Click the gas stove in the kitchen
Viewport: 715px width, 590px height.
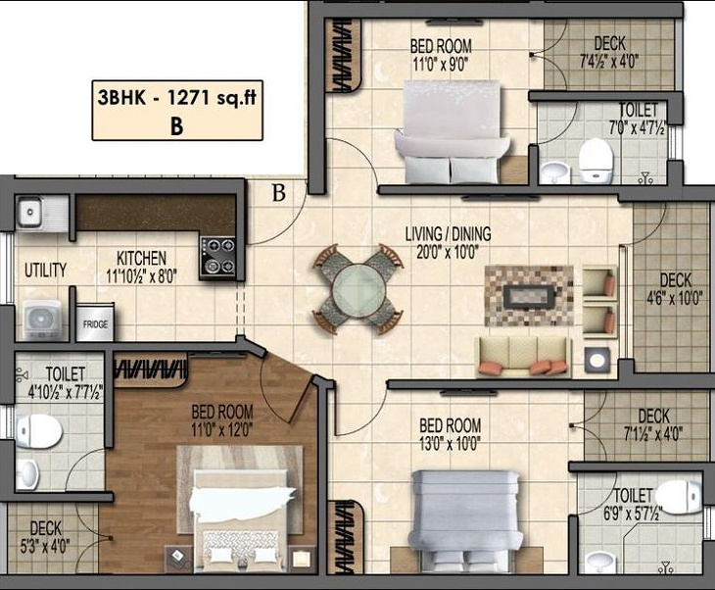tap(218, 256)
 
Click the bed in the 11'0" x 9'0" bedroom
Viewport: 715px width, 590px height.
tap(452, 127)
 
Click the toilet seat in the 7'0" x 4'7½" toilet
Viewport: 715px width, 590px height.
tap(596, 159)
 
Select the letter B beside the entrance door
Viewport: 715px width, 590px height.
tap(279, 193)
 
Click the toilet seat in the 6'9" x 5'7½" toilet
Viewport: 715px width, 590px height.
tap(675, 493)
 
